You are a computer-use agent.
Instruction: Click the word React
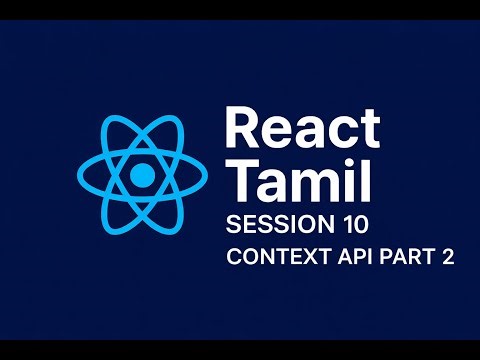click(302, 131)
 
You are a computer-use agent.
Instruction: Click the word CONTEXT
click(275, 256)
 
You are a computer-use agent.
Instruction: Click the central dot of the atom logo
click(143, 177)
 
